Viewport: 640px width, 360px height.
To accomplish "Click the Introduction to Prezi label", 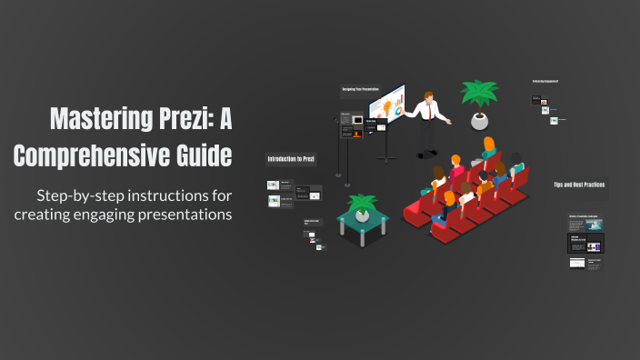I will point(290,159).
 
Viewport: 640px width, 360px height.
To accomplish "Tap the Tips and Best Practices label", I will point(579,185).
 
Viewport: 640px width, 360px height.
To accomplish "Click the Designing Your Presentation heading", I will point(360,90).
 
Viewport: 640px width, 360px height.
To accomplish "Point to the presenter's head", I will point(430,95).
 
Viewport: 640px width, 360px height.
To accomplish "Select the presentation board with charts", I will point(387,108).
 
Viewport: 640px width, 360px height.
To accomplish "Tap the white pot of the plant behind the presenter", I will point(479,121).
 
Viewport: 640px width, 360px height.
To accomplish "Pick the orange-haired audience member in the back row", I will point(488,145).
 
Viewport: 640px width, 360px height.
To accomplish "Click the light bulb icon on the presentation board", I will point(396,110).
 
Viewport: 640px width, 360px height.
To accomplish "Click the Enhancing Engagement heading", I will point(545,81).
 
